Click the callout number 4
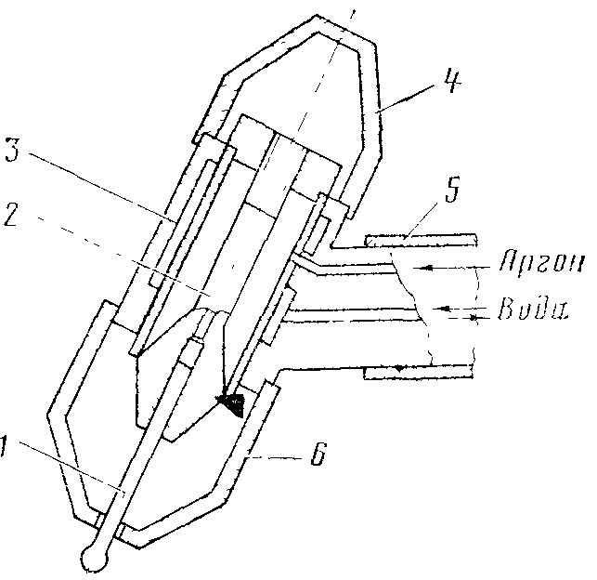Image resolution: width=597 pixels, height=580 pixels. (452, 81)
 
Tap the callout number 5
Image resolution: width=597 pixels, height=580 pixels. (452, 190)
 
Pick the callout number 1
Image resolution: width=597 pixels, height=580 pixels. (4, 446)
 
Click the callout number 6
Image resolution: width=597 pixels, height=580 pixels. (318, 454)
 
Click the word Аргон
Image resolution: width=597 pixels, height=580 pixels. (541, 261)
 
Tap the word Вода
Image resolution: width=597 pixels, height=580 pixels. (533, 309)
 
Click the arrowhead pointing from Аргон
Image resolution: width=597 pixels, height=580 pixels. (428, 268)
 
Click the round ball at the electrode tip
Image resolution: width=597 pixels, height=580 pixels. (93, 559)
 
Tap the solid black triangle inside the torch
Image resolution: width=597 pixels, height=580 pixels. (231, 404)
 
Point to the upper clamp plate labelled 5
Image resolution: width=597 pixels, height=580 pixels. (422, 240)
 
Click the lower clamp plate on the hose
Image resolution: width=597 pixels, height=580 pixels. (419, 373)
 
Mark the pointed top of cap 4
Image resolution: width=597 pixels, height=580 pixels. (317, 16)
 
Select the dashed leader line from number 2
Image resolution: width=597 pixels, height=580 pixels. (123, 257)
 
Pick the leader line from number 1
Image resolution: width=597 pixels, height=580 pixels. (71, 468)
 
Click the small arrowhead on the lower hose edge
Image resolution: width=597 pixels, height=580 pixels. (398, 368)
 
